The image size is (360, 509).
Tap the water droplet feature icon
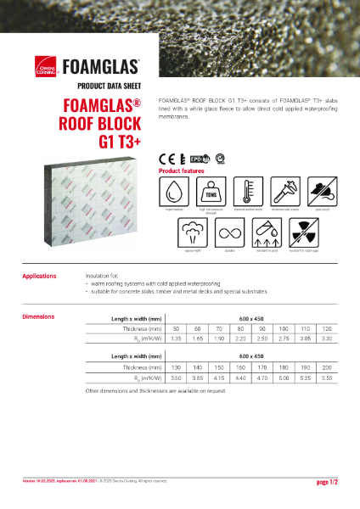pos(173,190)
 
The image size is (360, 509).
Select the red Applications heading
pos(40,276)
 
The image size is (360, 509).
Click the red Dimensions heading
pos(38,317)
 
